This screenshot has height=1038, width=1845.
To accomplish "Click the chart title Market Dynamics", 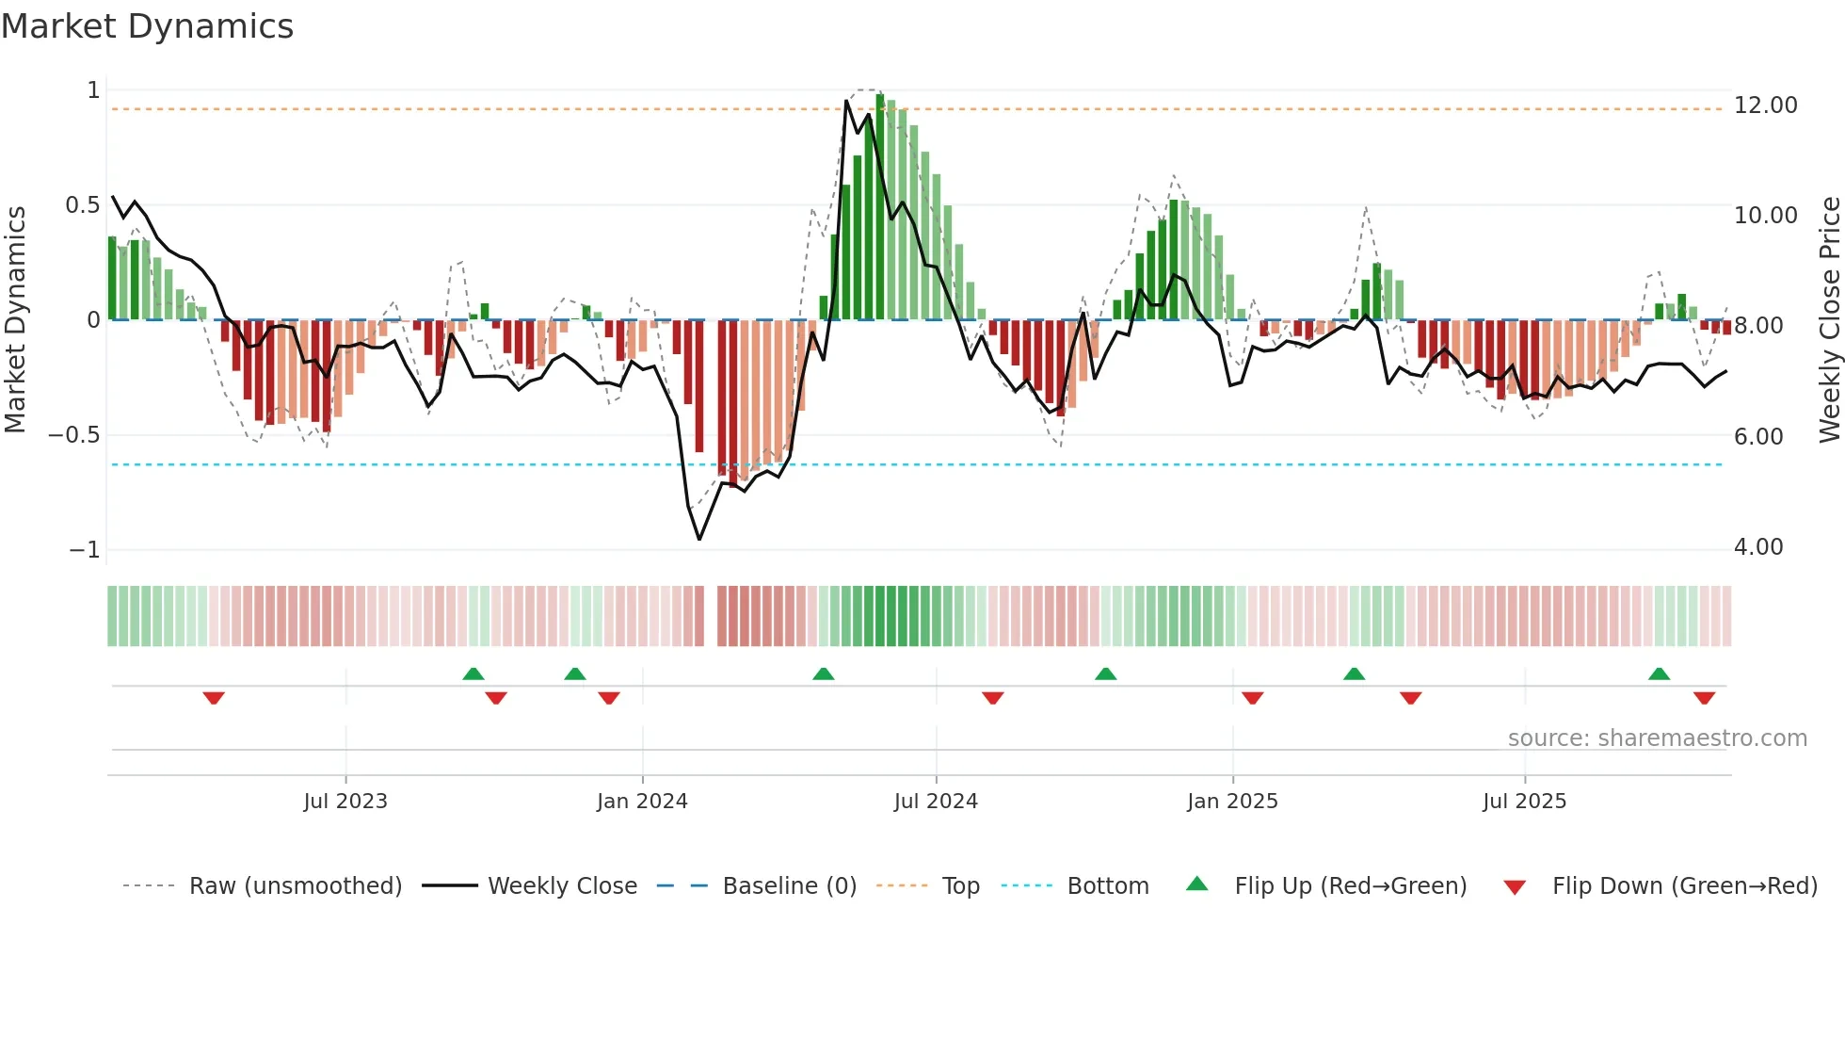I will pyautogui.click(x=148, y=26).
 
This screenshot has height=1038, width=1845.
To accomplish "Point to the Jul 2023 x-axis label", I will pyautogui.click(x=345, y=802).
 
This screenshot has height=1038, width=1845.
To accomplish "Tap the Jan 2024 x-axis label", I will pyautogui.click(x=642, y=802).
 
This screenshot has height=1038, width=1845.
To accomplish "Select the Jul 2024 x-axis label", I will pyautogui.click(x=936, y=802).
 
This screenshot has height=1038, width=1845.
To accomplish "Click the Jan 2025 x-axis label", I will pyautogui.click(x=1232, y=802).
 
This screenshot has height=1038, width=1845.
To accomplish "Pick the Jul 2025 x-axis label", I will pyautogui.click(x=1524, y=802).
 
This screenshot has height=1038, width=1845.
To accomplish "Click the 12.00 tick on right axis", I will pyautogui.click(x=1765, y=105).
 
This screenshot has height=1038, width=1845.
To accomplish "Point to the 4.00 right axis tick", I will pyautogui.click(x=1757, y=547).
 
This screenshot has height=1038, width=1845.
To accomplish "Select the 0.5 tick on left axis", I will pyautogui.click(x=82, y=205).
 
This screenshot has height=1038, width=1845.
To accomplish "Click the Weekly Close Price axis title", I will pyautogui.click(x=1829, y=319).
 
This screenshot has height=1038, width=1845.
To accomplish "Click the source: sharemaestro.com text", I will pyautogui.click(x=1657, y=738).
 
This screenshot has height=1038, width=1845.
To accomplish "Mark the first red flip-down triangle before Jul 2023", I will pyautogui.click(x=214, y=698).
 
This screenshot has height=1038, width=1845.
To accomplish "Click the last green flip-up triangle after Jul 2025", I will pyautogui.click(x=1659, y=673).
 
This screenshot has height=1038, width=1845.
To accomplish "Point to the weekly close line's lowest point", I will pyautogui.click(x=699, y=539).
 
